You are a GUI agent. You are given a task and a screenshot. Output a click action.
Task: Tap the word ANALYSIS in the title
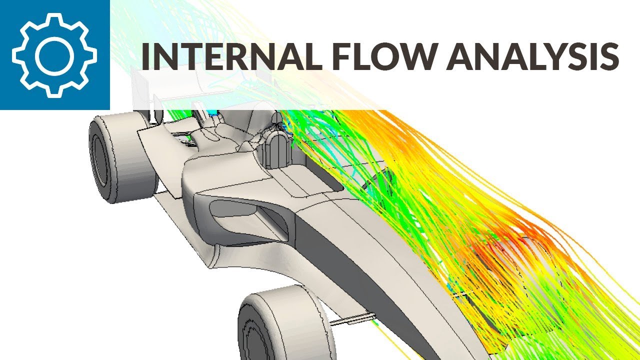532,56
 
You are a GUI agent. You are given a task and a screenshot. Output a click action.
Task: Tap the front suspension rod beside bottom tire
352,318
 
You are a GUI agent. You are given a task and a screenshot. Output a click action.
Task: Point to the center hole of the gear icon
54,55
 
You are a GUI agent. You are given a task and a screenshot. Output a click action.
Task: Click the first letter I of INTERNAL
145,56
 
